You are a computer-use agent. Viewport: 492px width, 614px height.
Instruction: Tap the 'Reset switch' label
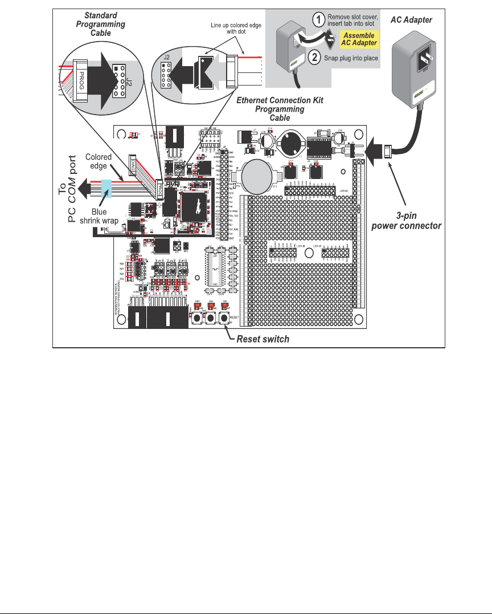(263, 339)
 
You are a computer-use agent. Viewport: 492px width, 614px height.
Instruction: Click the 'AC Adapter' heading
(412, 20)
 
